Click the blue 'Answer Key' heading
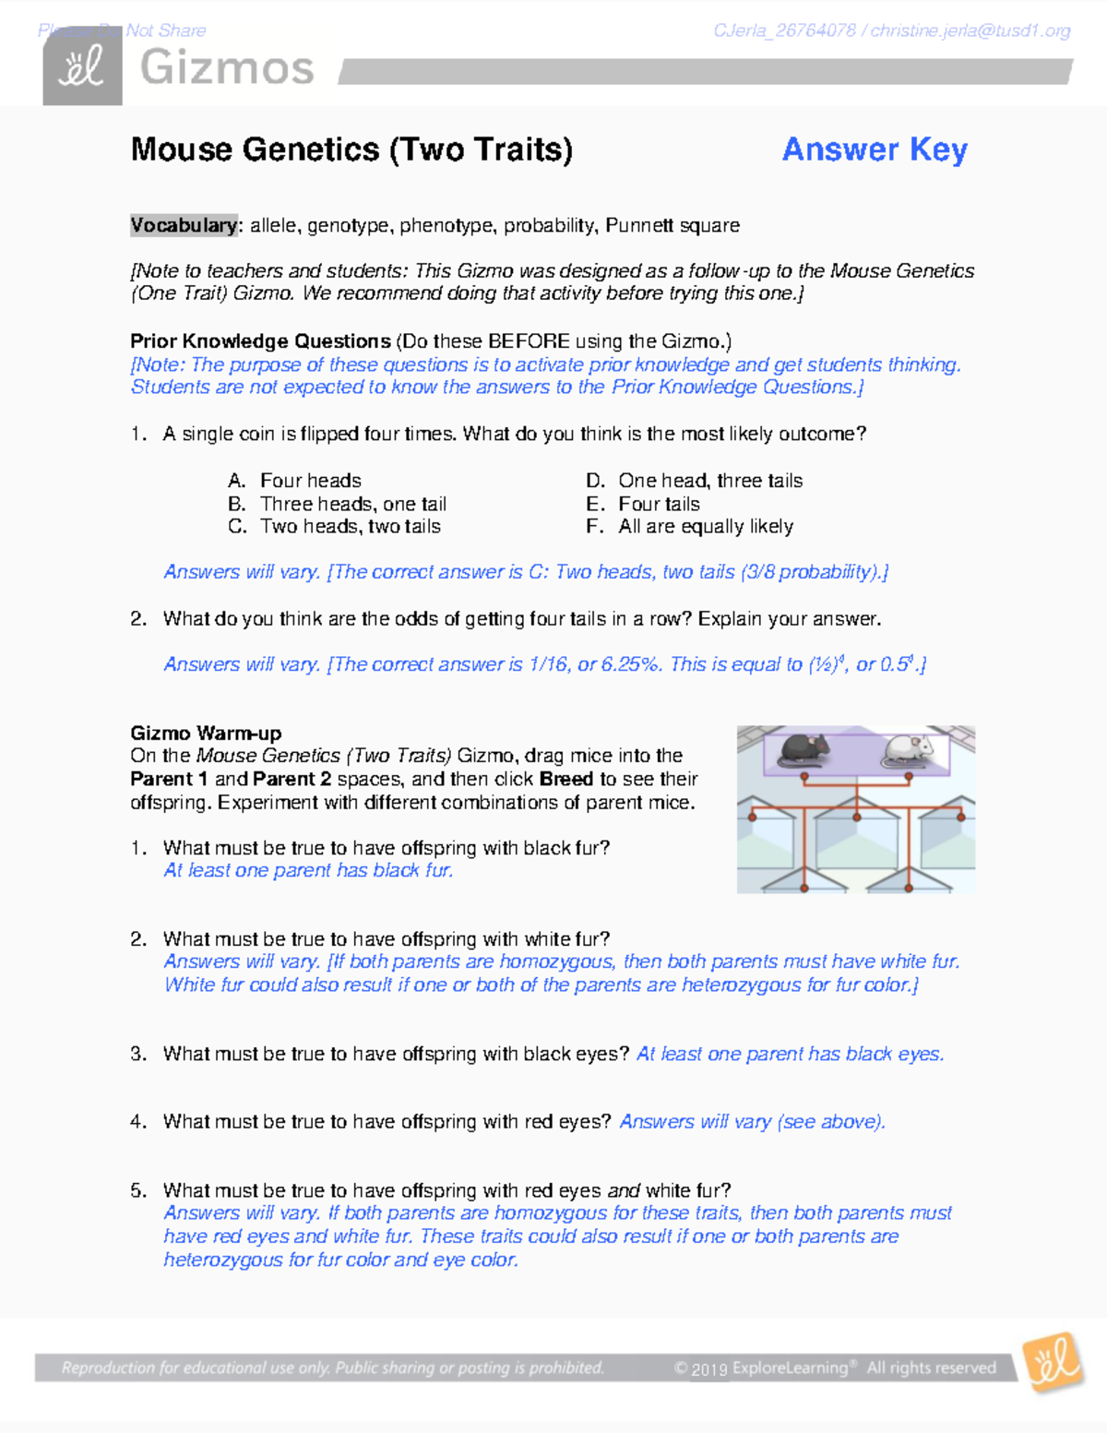tap(874, 149)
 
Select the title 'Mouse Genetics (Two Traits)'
tap(351, 149)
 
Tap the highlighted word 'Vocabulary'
tap(184, 225)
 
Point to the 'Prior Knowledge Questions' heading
tap(260, 341)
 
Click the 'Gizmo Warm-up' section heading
tap(206, 734)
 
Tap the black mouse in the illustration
tap(804, 749)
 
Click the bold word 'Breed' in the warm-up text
tap(565, 779)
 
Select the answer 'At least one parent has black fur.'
tap(308, 870)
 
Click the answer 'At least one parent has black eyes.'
tap(790, 1054)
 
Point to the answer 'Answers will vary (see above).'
tap(752, 1122)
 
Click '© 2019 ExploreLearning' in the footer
tap(761, 1367)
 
